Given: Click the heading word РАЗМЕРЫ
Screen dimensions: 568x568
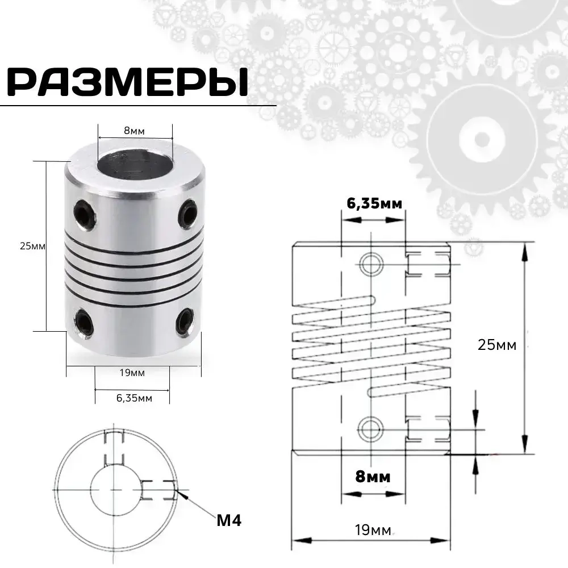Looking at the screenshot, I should [128, 83].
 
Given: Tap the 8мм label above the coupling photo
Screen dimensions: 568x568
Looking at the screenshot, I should [135, 131].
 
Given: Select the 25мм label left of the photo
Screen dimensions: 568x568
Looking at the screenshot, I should [32, 246].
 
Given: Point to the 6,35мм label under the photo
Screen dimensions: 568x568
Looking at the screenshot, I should [134, 398].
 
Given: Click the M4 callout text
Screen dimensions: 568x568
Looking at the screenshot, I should [229, 520].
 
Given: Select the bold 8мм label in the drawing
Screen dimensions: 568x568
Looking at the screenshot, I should [373, 477].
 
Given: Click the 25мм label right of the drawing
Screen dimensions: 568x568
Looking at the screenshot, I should [498, 345].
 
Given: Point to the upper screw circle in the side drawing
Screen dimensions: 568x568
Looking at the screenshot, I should [371, 262].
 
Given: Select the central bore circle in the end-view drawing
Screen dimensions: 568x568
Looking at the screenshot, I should [115, 489].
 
